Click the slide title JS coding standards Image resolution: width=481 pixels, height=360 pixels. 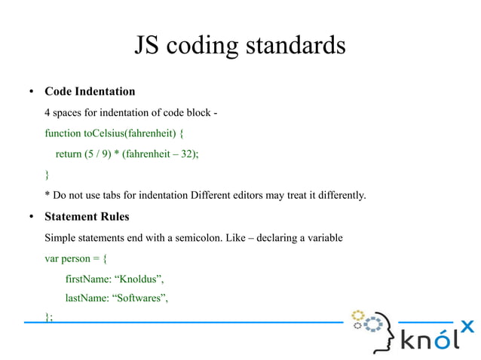pyautogui.click(x=240, y=45)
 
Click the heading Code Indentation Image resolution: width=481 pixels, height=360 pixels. pyautogui.click(x=90, y=92)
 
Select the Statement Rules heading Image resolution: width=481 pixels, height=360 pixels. pyautogui.click(x=87, y=217)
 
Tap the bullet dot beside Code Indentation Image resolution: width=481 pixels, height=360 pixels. pyautogui.click(x=31, y=93)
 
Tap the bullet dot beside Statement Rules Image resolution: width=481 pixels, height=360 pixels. pyautogui.click(x=31, y=218)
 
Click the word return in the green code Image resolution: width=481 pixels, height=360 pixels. pyautogui.click(x=69, y=154)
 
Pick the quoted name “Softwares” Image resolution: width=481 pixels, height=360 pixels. pyautogui.click(x=139, y=299)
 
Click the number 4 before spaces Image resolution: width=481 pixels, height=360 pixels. pyautogui.click(x=47, y=113)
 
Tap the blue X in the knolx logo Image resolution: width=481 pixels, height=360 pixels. pyautogui.click(x=467, y=326)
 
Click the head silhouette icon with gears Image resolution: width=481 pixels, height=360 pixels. pyautogui.click(x=374, y=328)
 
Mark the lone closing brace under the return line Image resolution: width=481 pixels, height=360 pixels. pyautogui.click(x=47, y=175)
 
